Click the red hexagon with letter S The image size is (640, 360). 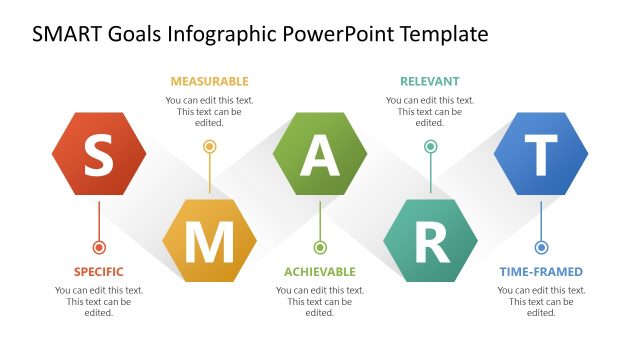[x=98, y=154]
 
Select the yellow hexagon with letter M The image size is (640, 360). [x=209, y=240]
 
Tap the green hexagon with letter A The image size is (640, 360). [x=320, y=154]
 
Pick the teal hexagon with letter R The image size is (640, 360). [x=431, y=240]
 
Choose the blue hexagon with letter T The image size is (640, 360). [x=541, y=154]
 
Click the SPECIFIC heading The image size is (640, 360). [x=98, y=271]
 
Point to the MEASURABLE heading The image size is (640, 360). [x=209, y=81]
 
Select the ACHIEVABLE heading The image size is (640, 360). [x=320, y=271]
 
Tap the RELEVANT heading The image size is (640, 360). [x=430, y=81]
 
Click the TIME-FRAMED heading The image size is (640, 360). [x=541, y=271]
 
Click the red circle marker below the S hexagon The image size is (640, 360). [x=98, y=247]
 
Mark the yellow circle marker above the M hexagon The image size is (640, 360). [x=209, y=146]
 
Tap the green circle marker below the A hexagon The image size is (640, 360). [x=320, y=247]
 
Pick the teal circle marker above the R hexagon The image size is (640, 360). [x=431, y=146]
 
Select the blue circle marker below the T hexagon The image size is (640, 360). [x=541, y=247]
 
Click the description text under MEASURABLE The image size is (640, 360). [x=209, y=111]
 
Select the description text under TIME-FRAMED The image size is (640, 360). [x=541, y=301]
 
